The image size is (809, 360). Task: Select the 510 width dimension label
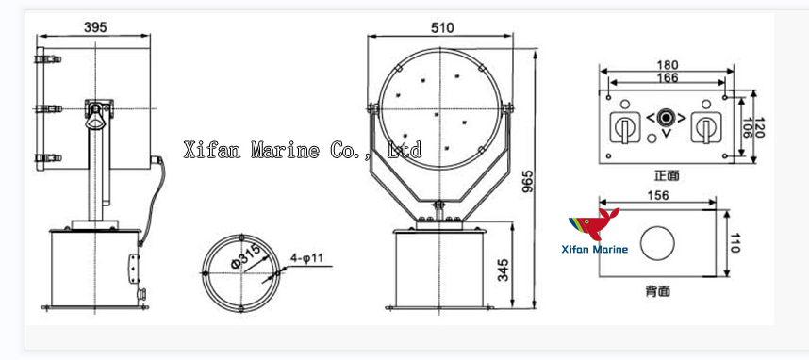tap(444, 28)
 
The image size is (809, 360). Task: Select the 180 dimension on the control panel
tap(666, 65)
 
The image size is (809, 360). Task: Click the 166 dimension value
tap(666, 76)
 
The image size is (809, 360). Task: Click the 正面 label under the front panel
tap(667, 175)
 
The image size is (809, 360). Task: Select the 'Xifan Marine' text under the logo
tap(595, 249)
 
